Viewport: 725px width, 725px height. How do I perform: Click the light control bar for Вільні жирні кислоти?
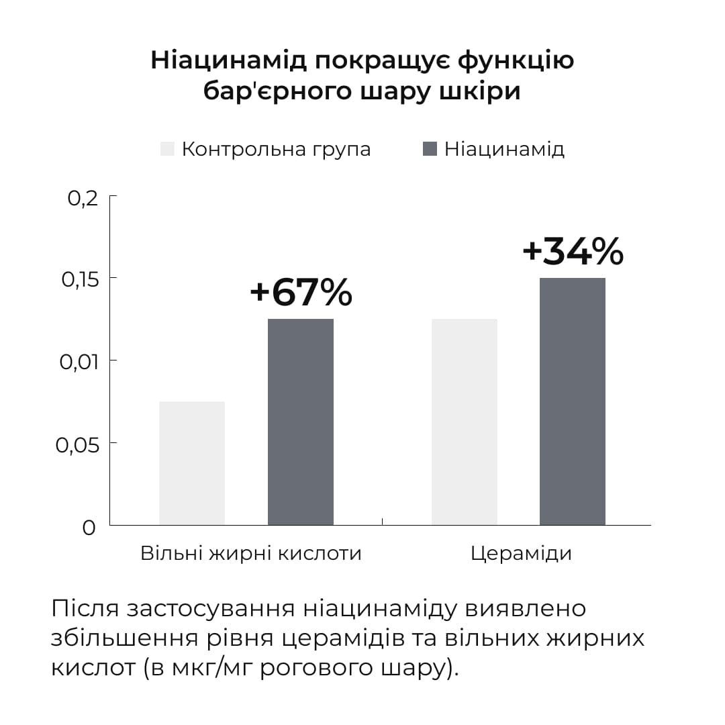(192, 463)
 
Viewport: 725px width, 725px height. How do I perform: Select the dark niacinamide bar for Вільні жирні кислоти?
(301, 422)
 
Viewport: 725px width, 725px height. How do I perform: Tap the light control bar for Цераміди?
(465, 422)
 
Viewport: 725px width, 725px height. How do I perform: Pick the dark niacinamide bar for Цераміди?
(573, 401)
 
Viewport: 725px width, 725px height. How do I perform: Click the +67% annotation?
(301, 293)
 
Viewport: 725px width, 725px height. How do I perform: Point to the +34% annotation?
(573, 251)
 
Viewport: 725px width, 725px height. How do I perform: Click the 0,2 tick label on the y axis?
(83, 199)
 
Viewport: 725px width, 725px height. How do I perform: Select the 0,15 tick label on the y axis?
(79, 279)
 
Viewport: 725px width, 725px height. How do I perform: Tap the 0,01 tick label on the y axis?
(79, 362)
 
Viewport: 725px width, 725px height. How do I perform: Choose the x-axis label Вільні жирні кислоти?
(251, 553)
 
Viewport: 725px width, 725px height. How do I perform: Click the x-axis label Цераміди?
(521, 553)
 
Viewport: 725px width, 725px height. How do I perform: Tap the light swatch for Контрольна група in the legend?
(167, 148)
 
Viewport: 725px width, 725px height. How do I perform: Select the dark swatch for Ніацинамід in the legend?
(430, 148)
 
